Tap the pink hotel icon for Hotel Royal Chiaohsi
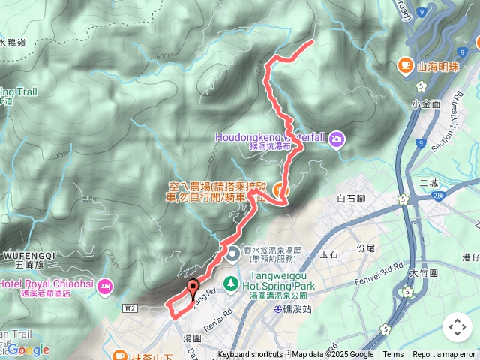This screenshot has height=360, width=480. (x=104, y=285)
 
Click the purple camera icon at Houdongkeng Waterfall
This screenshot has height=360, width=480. (x=337, y=138)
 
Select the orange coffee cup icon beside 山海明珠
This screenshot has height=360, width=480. (x=406, y=65)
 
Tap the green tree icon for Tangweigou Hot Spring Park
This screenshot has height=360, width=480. (x=232, y=282)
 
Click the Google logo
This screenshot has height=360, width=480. (x=28, y=349)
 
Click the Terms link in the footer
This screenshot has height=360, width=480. (x=393, y=355)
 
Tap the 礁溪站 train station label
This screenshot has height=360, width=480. (x=291, y=308)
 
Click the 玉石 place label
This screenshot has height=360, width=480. (x=329, y=255)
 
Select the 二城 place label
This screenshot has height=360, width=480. (x=428, y=182)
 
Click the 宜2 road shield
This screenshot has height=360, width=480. (x=130, y=307)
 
